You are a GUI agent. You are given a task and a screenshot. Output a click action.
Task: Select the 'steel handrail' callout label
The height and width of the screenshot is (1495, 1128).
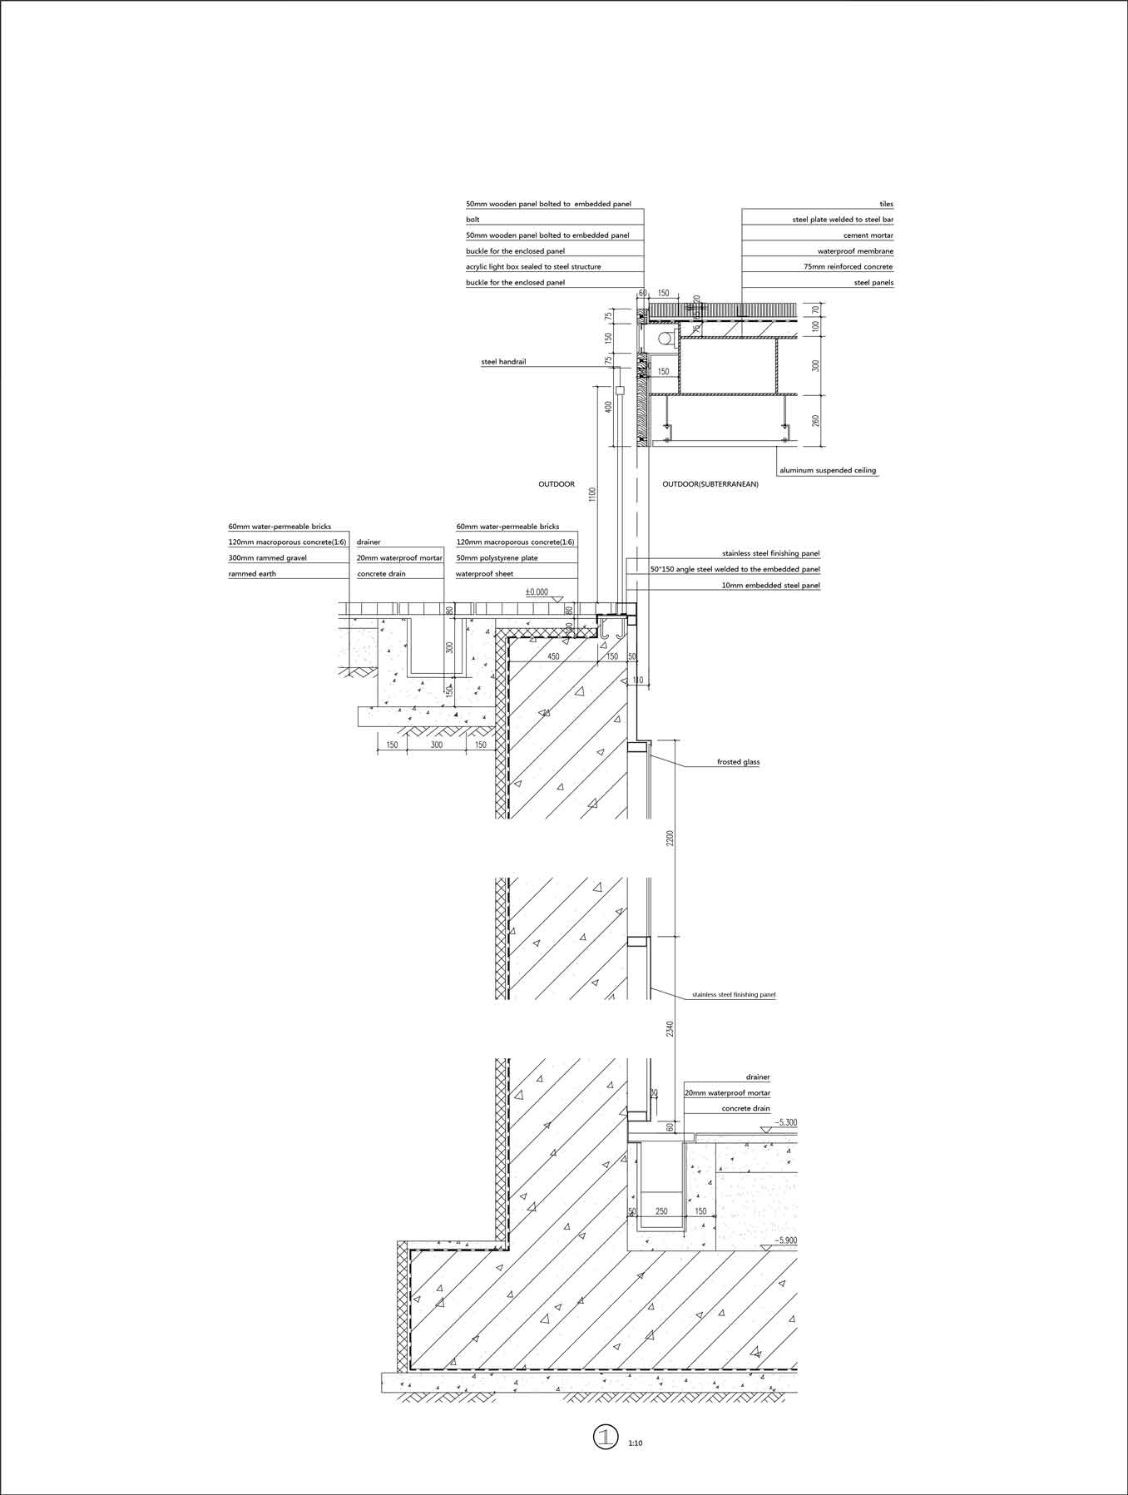click(503, 362)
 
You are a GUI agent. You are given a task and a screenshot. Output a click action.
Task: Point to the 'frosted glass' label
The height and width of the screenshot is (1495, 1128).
click(738, 762)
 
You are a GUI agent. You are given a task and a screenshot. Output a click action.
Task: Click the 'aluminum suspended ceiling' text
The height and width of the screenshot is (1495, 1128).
click(828, 471)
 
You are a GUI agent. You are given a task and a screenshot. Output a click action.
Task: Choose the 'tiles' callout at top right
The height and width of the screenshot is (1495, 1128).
click(886, 204)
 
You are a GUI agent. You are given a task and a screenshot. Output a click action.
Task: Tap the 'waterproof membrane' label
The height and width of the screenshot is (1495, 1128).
click(855, 251)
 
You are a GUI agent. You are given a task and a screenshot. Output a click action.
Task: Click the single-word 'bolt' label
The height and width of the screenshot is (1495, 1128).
click(472, 220)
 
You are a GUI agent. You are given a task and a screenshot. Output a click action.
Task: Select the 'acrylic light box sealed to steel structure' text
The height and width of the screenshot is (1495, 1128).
click(533, 267)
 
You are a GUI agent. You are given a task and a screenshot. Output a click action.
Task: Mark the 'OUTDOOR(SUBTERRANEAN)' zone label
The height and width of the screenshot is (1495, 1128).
click(710, 484)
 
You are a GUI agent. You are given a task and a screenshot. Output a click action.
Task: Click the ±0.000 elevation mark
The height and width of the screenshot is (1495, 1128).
click(537, 592)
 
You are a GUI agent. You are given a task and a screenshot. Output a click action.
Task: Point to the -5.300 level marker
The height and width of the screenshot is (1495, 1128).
click(784, 1123)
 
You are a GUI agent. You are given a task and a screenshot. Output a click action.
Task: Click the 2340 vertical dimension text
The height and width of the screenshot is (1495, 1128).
click(670, 1030)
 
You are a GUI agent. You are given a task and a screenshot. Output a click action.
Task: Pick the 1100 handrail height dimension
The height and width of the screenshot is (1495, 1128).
click(592, 495)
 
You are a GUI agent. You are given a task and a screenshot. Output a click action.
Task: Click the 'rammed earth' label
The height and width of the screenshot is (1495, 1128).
click(252, 574)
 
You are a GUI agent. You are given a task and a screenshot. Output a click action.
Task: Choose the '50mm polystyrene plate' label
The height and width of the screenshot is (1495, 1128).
click(497, 558)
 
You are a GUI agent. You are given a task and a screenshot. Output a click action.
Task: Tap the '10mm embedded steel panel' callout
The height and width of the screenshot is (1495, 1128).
click(771, 586)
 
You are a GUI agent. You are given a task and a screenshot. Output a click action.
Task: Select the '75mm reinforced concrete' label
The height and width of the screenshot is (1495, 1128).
click(848, 267)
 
